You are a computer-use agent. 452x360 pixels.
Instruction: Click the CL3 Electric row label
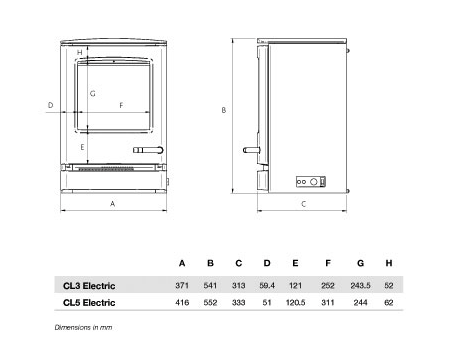(x=89, y=286)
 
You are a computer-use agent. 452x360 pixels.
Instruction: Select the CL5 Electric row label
(x=89, y=303)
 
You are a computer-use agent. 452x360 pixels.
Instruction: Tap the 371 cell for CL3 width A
(x=182, y=286)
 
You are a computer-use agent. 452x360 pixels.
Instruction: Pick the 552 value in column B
(x=210, y=303)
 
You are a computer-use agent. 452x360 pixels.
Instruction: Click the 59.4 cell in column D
(x=267, y=286)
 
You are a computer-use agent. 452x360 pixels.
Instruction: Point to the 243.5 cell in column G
(x=360, y=286)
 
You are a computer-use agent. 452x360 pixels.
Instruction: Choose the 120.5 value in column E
(x=295, y=303)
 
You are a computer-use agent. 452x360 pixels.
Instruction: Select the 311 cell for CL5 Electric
(x=328, y=303)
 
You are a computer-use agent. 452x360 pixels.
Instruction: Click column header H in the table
(x=389, y=263)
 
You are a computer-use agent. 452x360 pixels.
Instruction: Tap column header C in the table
(x=239, y=263)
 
